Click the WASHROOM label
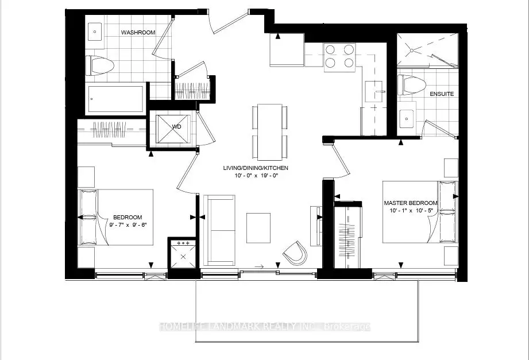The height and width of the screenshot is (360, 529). point(138,32)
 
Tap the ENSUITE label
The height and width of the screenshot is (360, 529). point(442,94)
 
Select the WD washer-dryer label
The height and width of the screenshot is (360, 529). point(176,127)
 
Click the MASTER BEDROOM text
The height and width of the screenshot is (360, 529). point(411,203)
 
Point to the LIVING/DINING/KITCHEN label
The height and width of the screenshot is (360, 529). point(256,168)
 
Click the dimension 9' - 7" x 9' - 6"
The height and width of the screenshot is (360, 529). point(129,224)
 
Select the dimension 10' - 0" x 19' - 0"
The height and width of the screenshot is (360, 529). point(256,176)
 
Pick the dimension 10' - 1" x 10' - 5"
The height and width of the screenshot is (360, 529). point(411,211)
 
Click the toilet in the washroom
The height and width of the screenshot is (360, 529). point(99,65)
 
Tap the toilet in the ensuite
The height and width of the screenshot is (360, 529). point(410,84)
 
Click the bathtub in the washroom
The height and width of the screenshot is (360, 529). point(117,99)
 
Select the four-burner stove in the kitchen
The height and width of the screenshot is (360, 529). point(339,57)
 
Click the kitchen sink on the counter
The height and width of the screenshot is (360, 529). point(374,91)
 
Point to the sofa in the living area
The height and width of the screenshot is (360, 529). point(220,230)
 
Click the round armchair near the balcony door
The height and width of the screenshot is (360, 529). point(296,253)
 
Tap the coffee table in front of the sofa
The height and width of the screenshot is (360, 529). point(258,228)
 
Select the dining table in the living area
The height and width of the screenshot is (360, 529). point(270,133)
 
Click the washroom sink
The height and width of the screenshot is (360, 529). point(95,32)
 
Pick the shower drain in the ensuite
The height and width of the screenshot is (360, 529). point(412,51)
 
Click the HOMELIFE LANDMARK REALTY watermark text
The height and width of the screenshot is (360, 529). point(264,326)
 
